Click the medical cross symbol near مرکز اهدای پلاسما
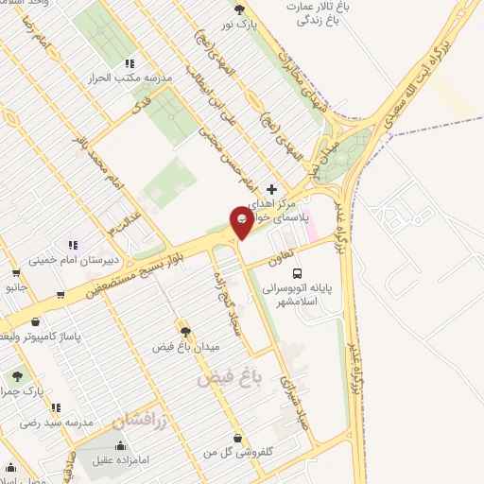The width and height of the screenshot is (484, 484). pos(272,189)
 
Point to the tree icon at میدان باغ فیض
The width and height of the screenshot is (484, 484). pos(185,332)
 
